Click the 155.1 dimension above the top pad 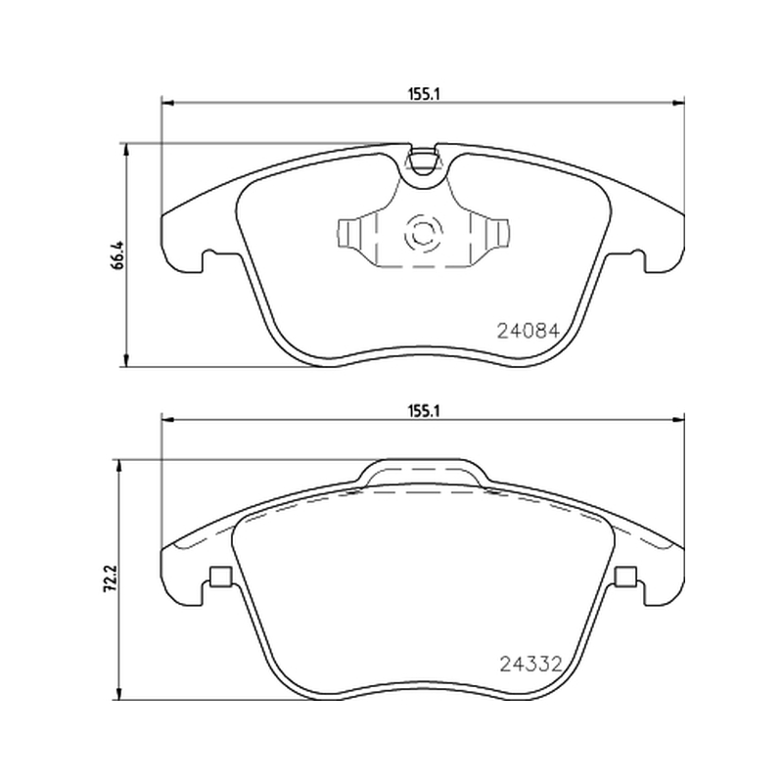(x=424, y=94)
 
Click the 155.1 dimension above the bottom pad (x=424, y=411)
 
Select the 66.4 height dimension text (x=117, y=255)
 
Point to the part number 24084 (x=529, y=331)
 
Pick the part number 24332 (x=531, y=664)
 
